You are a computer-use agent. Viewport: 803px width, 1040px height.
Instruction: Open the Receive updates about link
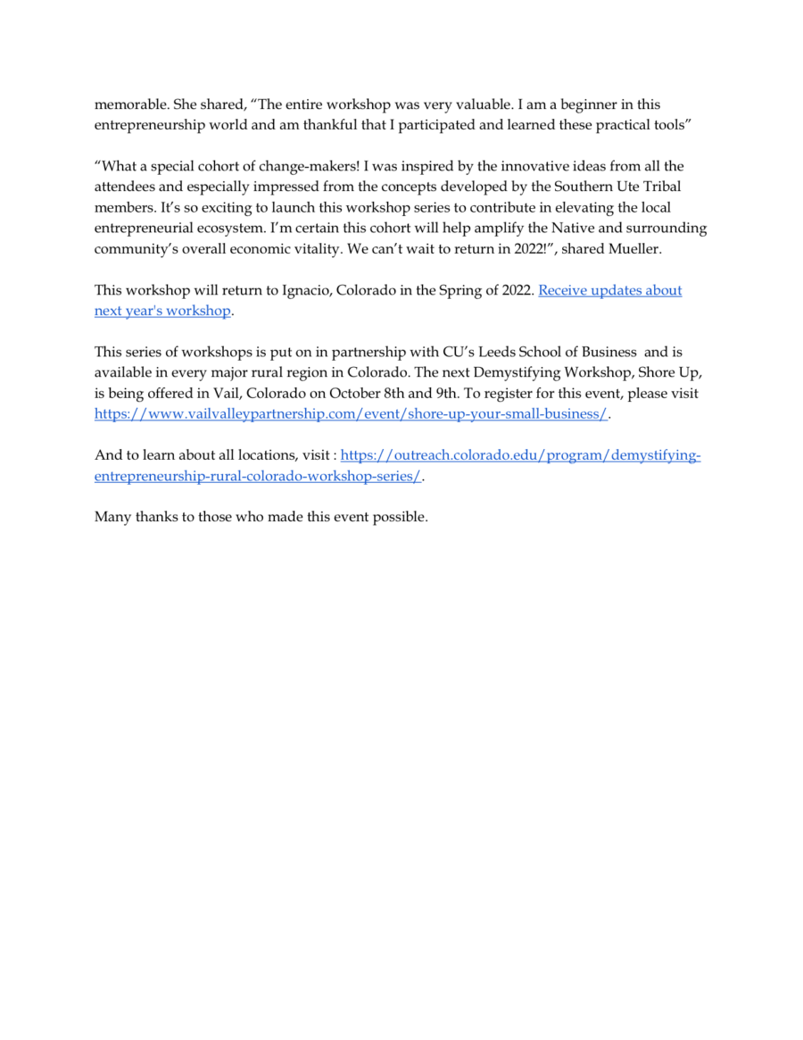click(x=610, y=290)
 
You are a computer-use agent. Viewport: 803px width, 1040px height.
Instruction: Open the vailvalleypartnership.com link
click(x=352, y=414)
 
